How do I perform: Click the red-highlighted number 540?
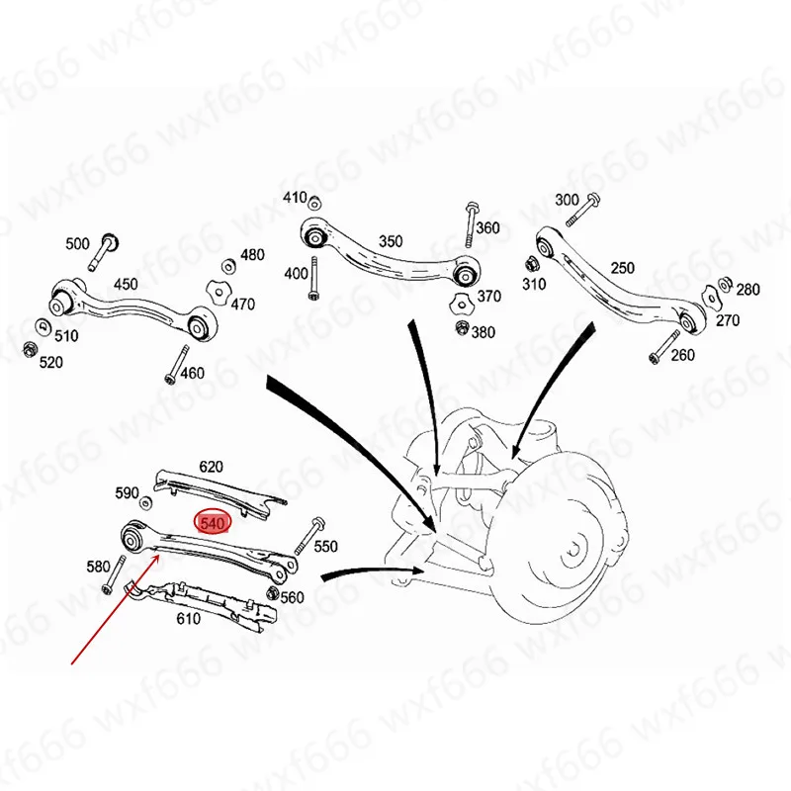coord(213,524)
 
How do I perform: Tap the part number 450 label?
coord(126,284)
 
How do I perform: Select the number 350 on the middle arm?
coord(391,241)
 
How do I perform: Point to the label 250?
coord(623,267)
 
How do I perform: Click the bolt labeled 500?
coord(103,252)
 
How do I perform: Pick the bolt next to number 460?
coord(177,364)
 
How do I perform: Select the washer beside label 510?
coord(43,327)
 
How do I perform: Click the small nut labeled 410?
coord(314,203)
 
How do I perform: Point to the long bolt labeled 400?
coord(313,279)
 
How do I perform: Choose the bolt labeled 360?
coord(471,224)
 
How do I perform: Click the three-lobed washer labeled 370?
coord(461,305)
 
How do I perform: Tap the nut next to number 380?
coord(462,328)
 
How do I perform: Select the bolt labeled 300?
coord(583,210)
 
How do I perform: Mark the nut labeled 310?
coord(531,263)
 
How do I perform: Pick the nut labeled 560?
coord(273,592)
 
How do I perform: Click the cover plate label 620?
coord(211,467)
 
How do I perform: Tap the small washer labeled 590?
coord(146,502)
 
